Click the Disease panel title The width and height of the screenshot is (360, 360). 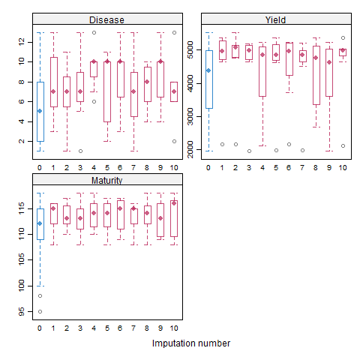click(106, 19)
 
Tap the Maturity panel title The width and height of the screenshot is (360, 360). click(106, 181)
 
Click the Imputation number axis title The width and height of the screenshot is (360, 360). click(190, 343)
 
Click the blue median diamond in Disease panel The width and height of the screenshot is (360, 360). click(40, 111)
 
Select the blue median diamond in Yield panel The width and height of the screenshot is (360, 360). click(208, 70)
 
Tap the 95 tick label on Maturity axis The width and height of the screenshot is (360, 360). click(22, 311)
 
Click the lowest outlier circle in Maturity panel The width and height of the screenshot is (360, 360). click(40, 311)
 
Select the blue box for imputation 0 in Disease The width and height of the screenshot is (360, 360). click(40, 120)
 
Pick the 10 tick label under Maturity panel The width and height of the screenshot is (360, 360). click(173, 329)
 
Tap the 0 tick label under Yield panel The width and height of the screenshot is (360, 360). click(208, 167)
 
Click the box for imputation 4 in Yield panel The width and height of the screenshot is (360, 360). click(262, 75)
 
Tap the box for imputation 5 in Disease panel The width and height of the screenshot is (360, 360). click(106, 91)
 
